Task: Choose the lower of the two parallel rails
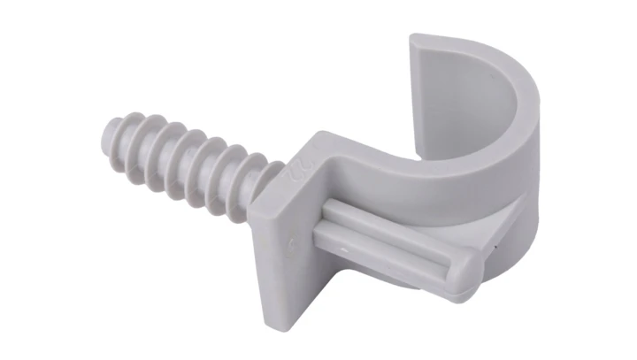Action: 389,250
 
